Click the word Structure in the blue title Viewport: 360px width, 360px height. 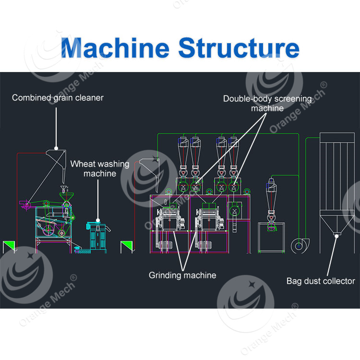(239, 48)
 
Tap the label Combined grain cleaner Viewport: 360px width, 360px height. (58, 98)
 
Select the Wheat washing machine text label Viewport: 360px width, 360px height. (100, 168)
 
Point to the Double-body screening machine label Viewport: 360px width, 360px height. (267, 103)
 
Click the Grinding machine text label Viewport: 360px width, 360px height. (182, 275)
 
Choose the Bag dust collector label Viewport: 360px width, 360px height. (321, 281)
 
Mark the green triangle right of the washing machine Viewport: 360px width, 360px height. (127, 246)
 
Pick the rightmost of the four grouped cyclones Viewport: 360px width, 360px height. (234, 149)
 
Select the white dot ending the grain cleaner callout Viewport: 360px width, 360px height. (57, 149)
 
